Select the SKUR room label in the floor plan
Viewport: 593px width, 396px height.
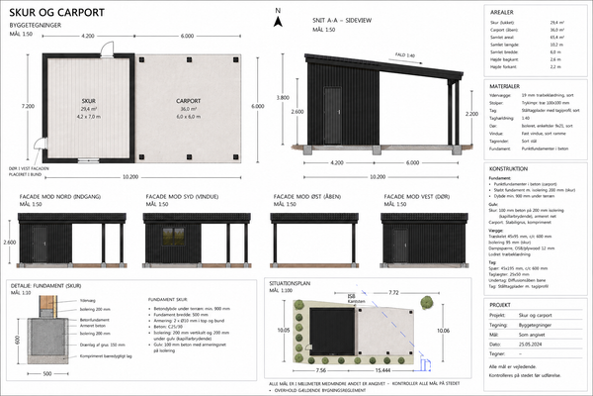coord(87,102)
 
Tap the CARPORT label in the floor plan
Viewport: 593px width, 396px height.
coord(188,102)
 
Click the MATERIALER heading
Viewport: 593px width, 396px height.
coord(508,87)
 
